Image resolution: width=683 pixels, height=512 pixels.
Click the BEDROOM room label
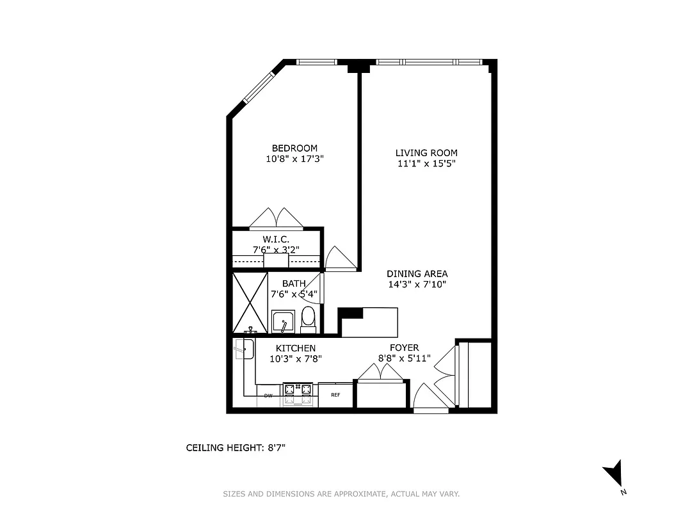pos(294,148)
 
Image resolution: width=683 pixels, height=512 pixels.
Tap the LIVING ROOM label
pos(426,153)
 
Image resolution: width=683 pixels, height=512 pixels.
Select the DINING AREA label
pos(417,274)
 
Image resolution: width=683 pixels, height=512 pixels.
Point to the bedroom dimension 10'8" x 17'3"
pos(294,159)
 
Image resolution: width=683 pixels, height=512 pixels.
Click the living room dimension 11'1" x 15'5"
pos(426,164)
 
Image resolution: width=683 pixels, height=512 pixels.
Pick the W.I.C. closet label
pos(276,239)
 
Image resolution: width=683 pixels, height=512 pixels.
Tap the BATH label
pos(294,284)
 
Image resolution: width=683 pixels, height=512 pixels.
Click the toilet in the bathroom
pos(308,319)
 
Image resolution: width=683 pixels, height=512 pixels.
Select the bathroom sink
pos(282,321)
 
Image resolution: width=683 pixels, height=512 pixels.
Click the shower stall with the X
pos(249,303)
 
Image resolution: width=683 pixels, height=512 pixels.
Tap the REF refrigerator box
pos(335,394)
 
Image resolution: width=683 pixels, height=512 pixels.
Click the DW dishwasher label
pos(268,396)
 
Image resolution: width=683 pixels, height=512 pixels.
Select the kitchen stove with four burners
pos(299,394)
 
